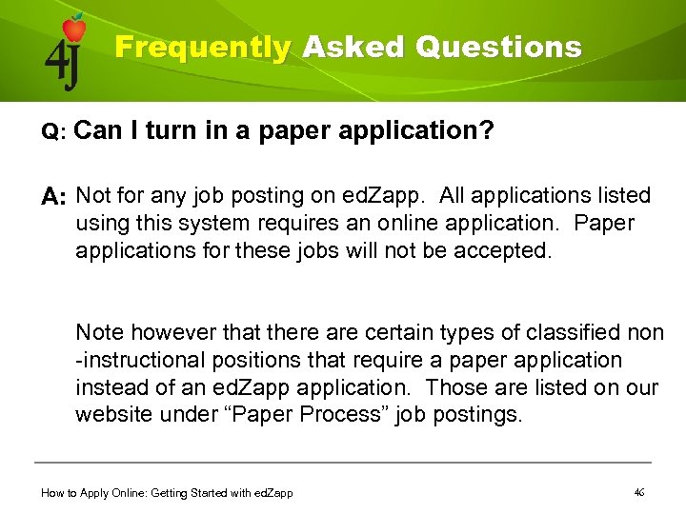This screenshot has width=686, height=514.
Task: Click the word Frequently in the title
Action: pyautogui.click(x=203, y=48)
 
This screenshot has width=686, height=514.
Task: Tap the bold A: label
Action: pyautogui.click(x=53, y=198)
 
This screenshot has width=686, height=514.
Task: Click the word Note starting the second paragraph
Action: pyautogui.click(x=98, y=333)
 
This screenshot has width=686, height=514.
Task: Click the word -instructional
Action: pyautogui.click(x=140, y=361)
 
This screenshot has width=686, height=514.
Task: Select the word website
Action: pyautogui.click(x=113, y=415)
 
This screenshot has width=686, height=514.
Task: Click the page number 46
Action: pyautogui.click(x=639, y=492)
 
